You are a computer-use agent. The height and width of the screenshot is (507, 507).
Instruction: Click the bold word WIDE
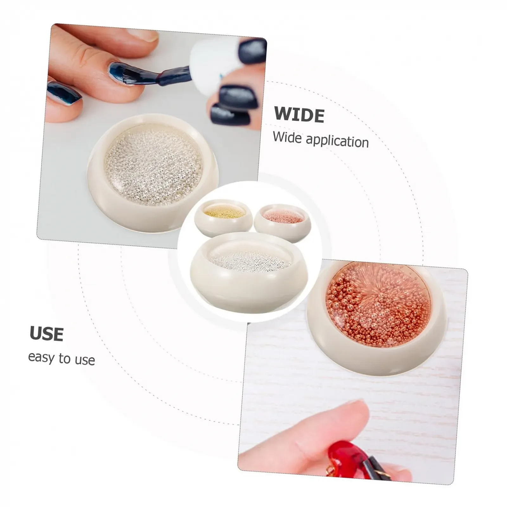click(x=299, y=114)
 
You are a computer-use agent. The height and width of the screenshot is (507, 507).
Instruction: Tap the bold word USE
click(x=47, y=334)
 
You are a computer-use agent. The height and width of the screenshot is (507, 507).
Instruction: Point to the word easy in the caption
click(x=41, y=357)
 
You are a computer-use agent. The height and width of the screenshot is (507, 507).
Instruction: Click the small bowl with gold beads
click(x=223, y=219)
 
